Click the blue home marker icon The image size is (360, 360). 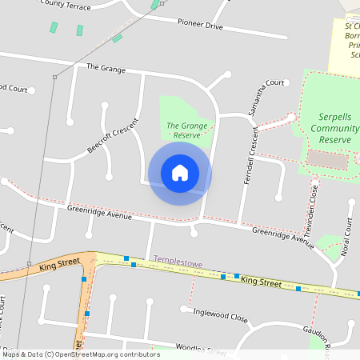click(x=180, y=173)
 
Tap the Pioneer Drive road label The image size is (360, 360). click(x=200, y=26)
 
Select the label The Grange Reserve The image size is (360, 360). click(x=182, y=130)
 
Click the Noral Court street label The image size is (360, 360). click(x=348, y=236)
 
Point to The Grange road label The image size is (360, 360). click(x=106, y=70)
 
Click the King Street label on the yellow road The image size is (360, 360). click(x=262, y=282)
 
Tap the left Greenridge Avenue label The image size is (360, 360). click(x=99, y=214)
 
